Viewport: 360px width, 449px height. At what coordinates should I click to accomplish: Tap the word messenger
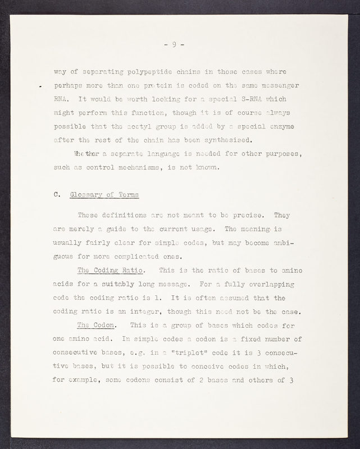tap(280, 85)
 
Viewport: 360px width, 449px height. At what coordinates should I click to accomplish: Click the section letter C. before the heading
tap(57, 195)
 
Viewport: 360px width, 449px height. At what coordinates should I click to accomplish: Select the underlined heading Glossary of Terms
tap(105, 195)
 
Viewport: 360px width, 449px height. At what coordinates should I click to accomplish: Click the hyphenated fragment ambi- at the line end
tap(289, 242)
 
